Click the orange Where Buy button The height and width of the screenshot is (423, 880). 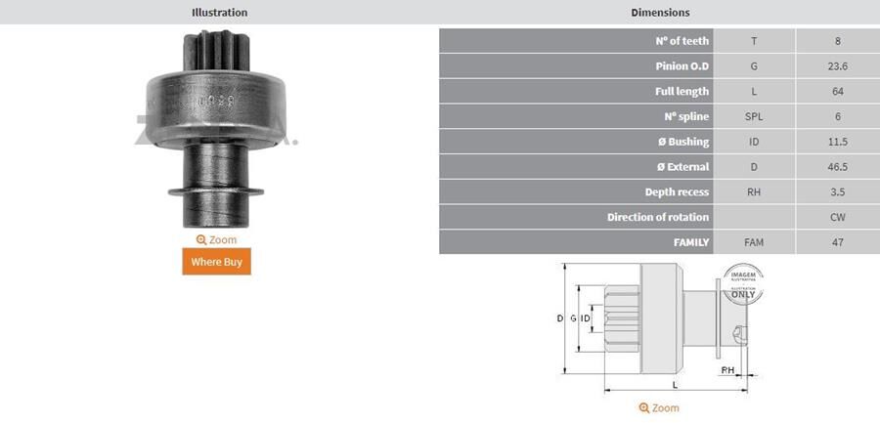[216, 262]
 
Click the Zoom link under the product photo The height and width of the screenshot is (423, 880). [216, 239]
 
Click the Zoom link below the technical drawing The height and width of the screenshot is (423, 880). [659, 407]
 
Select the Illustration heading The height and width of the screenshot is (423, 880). [219, 13]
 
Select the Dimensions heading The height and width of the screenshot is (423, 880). [660, 13]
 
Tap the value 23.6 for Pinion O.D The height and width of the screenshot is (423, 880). [837, 66]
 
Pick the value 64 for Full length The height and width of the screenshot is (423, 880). [837, 92]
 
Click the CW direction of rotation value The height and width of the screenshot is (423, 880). [837, 217]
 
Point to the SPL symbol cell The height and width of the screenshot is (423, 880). [753, 116]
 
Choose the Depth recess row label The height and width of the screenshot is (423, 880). [677, 192]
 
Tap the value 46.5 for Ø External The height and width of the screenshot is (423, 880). [837, 167]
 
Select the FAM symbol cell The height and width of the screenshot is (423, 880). [753, 242]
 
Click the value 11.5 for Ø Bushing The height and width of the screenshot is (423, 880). [837, 142]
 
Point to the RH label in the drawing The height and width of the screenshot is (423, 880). [727, 370]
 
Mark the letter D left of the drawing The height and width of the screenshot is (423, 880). [559, 318]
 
